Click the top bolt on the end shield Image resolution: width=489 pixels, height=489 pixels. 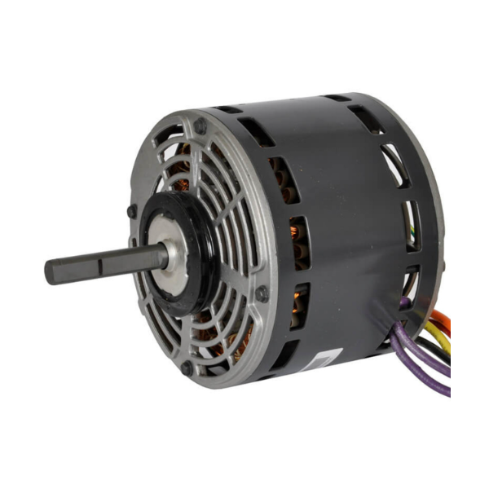[x=200, y=126]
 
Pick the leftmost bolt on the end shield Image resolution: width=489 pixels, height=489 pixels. [x=132, y=211]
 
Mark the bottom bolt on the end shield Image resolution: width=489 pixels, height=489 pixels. [x=187, y=368]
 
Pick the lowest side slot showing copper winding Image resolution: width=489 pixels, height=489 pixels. [x=298, y=306]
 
